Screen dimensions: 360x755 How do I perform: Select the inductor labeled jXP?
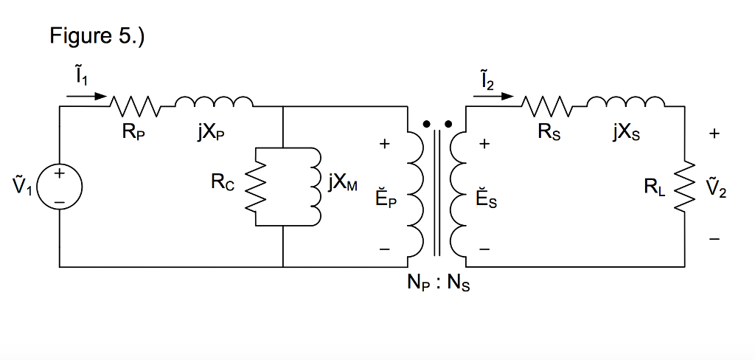tap(215, 103)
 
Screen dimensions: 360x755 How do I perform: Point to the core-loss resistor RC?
tap(256, 186)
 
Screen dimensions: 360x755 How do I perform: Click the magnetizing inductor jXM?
tap(315, 186)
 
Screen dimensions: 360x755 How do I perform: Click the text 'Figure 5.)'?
tap(97, 36)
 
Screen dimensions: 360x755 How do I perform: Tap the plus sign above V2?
tap(713, 134)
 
